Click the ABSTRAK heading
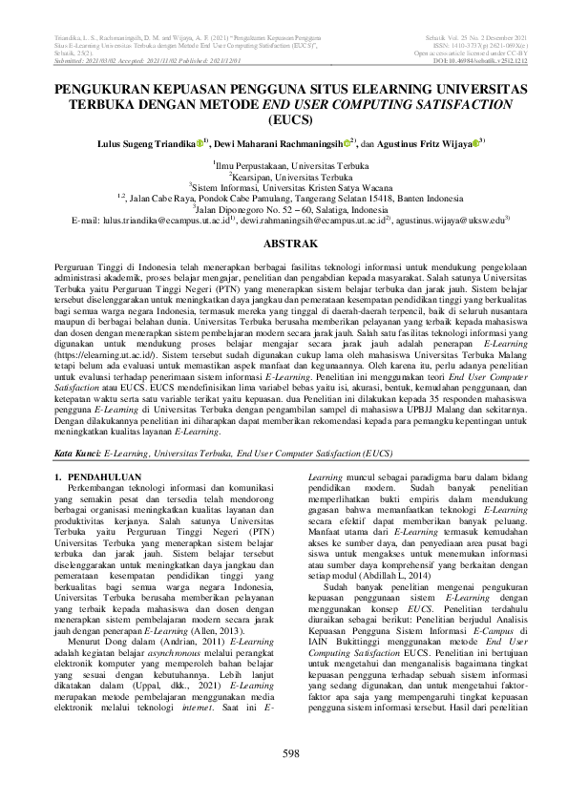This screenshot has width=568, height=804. pyautogui.click(x=284, y=244)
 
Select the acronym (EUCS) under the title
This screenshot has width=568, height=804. pyautogui.click(x=284, y=122)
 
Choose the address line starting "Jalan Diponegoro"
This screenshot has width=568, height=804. pyautogui.click(x=284, y=208)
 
